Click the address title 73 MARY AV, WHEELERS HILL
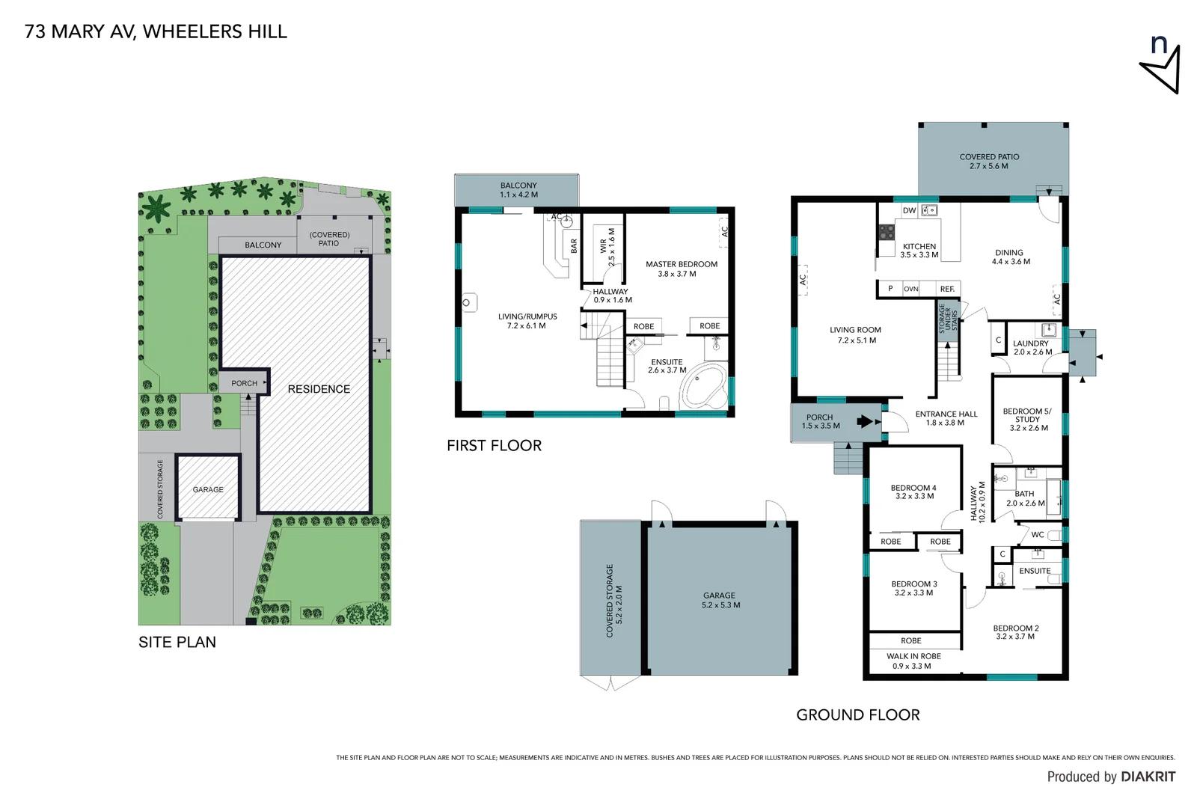click(x=156, y=31)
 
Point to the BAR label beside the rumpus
click(x=574, y=245)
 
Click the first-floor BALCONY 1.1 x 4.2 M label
click(x=518, y=190)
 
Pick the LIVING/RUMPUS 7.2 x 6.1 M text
click(x=527, y=321)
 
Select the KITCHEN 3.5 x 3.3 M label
click(x=919, y=251)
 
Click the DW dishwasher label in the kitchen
click(x=909, y=211)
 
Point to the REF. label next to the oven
click(x=947, y=289)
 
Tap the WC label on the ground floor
click(x=1038, y=535)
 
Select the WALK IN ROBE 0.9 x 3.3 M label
click(x=913, y=661)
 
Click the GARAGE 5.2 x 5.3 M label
click(x=720, y=600)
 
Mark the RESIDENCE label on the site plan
click(x=319, y=389)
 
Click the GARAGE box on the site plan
click(x=208, y=489)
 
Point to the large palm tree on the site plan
click(x=157, y=208)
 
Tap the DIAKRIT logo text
click(x=1148, y=777)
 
